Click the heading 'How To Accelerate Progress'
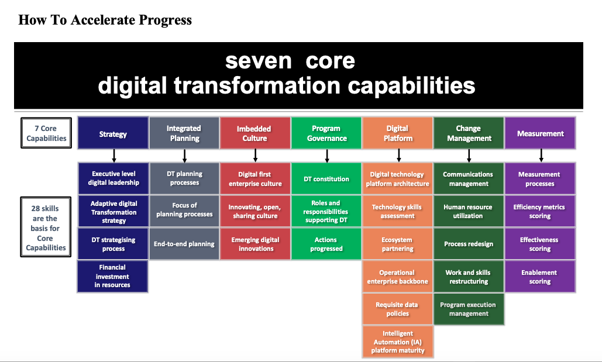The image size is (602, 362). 105,20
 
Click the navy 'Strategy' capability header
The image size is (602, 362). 113,134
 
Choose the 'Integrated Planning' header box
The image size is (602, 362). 184,134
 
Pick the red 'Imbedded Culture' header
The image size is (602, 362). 255,134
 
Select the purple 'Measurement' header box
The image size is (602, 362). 540,134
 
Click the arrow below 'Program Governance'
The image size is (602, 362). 326,156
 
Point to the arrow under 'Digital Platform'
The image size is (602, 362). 398,156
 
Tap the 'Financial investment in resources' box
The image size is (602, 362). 113,277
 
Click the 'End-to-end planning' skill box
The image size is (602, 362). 184,244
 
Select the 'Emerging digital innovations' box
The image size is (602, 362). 255,244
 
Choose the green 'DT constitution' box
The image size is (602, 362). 326,179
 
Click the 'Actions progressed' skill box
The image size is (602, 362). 326,244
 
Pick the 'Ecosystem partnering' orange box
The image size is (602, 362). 398,244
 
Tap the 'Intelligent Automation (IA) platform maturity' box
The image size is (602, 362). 398,342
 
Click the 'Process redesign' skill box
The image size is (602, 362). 469,244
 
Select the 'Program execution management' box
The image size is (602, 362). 469,309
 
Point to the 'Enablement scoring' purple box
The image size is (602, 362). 540,277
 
